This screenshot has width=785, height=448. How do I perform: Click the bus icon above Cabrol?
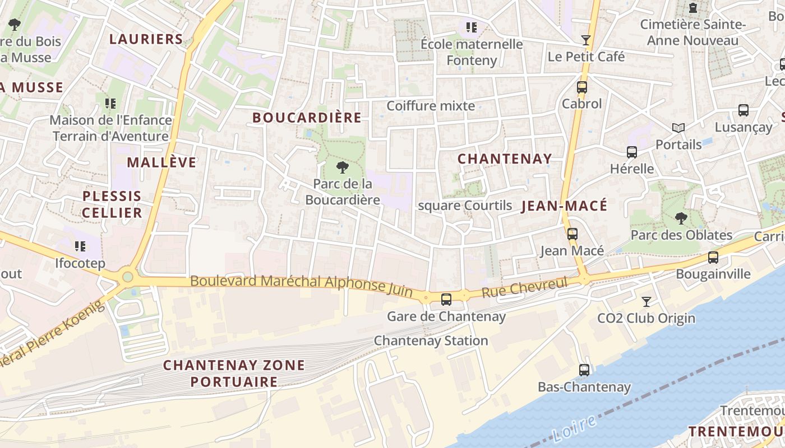[581, 87]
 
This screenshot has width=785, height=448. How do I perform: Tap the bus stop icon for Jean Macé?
[572, 234]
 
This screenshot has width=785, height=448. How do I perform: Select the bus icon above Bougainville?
[713, 258]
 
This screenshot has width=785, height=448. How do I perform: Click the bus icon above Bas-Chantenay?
[584, 370]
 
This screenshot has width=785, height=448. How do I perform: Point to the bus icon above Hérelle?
[631, 152]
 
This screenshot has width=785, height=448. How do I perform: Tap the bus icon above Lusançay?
[743, 110]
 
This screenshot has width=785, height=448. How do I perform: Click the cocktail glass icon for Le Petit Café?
[586, 40]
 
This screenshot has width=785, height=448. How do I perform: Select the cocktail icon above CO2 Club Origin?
[646, 302]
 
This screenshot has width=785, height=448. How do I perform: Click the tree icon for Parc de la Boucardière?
[341, 167]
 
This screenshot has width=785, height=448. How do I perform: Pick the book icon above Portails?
[678, 128]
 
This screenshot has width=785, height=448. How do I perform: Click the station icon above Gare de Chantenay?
[446, 299]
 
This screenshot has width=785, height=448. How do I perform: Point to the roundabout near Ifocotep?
[128, 276]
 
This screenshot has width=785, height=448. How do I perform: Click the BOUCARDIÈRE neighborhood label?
[307, 118]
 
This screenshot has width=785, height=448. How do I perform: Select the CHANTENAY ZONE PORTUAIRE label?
[234, 374]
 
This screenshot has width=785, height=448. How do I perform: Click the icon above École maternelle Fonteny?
[472, 27]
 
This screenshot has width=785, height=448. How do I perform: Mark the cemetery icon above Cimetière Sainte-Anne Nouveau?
[693, 8]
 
